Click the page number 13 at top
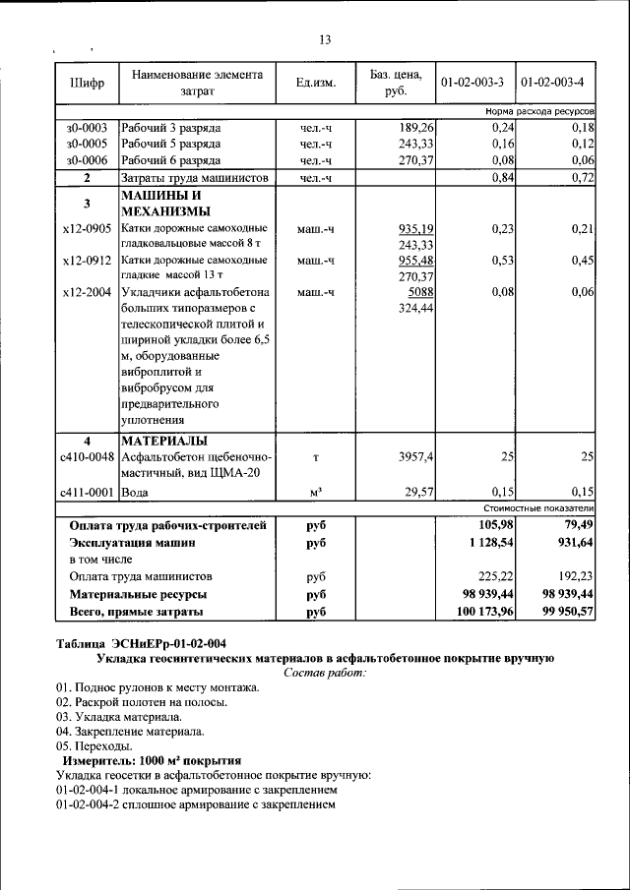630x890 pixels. (x=325, y=40)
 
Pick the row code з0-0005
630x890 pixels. (x=87, y=144)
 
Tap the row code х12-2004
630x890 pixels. (x=87, y=292)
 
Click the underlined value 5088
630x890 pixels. (x=420, y=292)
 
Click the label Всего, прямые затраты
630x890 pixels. (x=137, y=612)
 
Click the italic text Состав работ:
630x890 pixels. (x=324, y=673)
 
